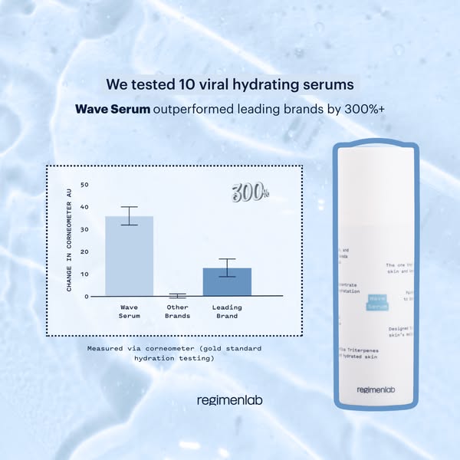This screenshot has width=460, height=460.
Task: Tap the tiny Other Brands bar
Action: (x=178, y=295)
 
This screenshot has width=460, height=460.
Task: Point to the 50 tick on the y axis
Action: (x=85, y=185)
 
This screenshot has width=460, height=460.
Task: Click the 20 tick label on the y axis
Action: (x=85, y=251)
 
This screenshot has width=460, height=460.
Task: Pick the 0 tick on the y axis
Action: (x=87, y=296)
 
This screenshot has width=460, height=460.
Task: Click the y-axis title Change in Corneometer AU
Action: (x=69, y=241)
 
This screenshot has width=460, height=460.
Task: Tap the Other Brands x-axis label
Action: (x=178, y=310)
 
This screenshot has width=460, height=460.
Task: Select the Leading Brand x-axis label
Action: (x=227, y=310)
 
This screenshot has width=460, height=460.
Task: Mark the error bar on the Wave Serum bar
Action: (x=129, y=215)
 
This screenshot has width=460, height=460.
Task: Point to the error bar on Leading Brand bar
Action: (x=227, y=268)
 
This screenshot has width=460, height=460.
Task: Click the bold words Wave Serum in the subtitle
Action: (x=113, y=109)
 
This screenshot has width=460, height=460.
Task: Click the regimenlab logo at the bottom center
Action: (x=230, y=399)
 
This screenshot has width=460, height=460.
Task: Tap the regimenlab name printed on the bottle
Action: (x=376, y=389)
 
